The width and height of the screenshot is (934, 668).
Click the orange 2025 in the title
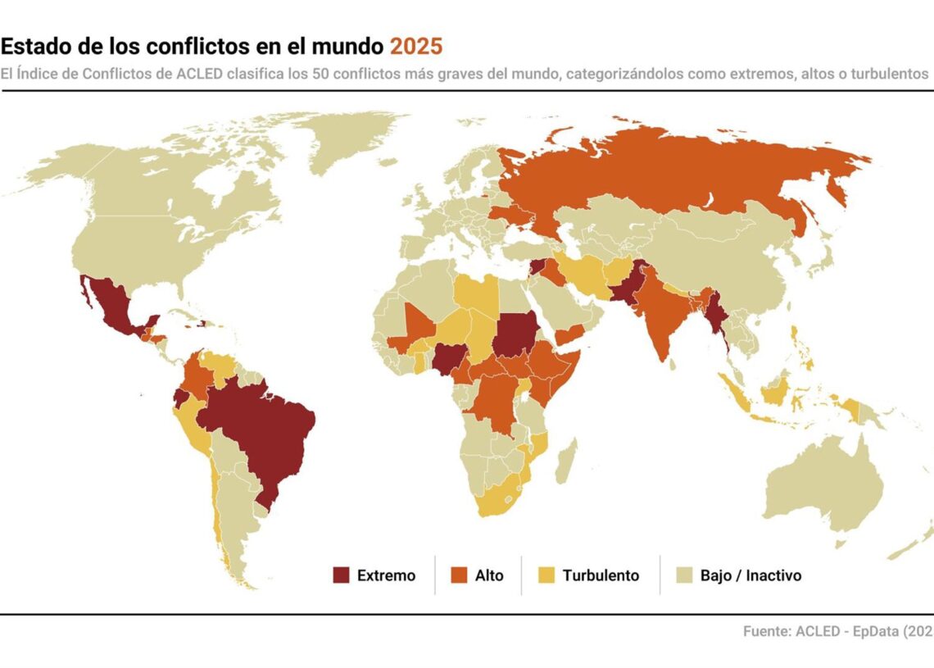pyautogui.click(x=415, y=46)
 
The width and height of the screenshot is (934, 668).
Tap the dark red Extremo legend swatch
pyautogui.click(x=341, y=575)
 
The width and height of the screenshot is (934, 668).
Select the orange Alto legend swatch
pyautogui.click(x=459, y=575)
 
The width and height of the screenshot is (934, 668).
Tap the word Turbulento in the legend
pyautogui.click(x=601, y=575)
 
